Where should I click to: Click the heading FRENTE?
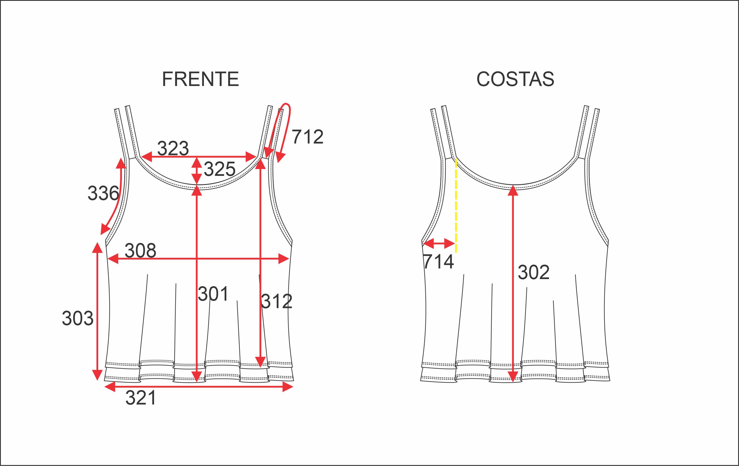[200, 79]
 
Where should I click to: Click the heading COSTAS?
[515, 79]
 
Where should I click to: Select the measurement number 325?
[219, 169]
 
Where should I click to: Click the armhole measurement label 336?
[103, 193]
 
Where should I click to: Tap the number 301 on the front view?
[213, 294]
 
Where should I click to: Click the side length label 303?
[78, 318]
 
